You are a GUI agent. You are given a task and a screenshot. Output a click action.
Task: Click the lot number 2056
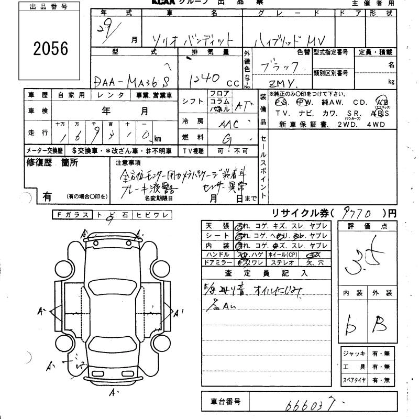point(51,49)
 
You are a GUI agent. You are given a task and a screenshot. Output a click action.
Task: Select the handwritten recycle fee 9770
point(358,213)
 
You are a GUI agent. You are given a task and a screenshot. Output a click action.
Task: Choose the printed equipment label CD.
point(360,102)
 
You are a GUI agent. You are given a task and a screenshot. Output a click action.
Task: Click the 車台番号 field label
point(225,402)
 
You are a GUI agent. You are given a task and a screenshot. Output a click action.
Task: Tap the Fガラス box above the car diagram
point(72,215)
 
